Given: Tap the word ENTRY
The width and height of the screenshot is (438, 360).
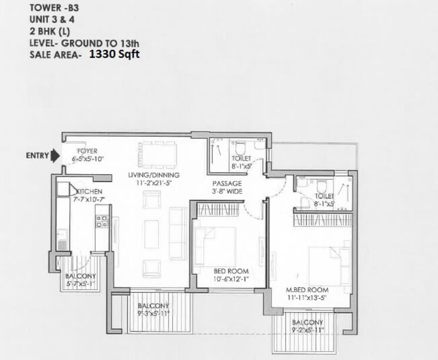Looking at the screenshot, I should click(37, 156).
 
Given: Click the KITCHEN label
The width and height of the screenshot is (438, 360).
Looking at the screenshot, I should click(89, 192).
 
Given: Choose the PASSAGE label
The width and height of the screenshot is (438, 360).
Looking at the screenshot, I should click(228, 183).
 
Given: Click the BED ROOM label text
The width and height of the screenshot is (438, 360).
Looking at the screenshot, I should click(228, 271).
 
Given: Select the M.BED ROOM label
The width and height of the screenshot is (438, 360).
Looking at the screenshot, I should click(307, 291).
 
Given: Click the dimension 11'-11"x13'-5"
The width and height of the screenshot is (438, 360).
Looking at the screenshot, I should click(307, 298).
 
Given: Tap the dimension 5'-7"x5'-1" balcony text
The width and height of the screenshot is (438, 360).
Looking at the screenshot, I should click(77, 283).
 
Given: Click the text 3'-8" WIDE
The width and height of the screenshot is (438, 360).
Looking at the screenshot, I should click(228, 191).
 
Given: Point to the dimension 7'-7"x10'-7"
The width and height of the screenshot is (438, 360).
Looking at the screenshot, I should click(89, 199).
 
